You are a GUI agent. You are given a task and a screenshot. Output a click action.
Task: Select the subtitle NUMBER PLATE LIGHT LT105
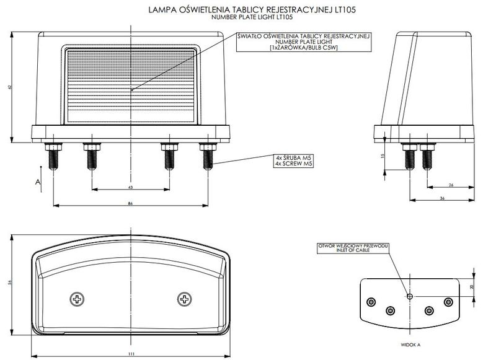pyautogui.click(x=252, y=18)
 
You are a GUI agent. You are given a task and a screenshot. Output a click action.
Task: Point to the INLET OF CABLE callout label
pyautogui.click(x=353, y=248)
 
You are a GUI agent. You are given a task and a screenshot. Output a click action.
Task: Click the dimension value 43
pyautogui.click(x=130, y=187)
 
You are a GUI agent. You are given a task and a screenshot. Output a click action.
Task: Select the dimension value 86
pyautogui.click(x=130, y=203)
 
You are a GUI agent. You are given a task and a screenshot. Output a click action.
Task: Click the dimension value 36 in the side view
pyautogui.click(x=442, y=198)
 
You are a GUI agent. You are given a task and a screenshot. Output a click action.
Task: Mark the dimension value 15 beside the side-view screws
pyautogui.click(x=384, y=156)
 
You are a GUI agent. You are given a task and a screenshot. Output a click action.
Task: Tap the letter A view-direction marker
pyautogui.click(x=38, y=182)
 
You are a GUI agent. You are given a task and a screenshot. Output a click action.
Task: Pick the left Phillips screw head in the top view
pyautogui.click(x=77, y=299)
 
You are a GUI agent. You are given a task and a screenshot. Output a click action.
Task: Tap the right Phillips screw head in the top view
pyautogui.click(x=184, y=299)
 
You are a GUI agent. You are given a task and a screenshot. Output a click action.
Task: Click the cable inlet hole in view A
pyautogui.click(x=410, y=297)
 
